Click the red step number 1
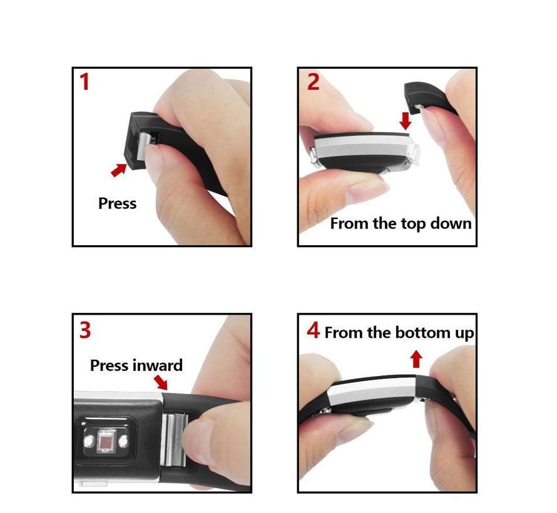(x=84, y=81)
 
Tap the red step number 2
(x=313, y=81)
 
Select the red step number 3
(x=85, y=330)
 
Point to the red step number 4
(x=314, y=330)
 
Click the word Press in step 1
(x=117, y=203)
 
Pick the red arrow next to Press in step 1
(x=119, y=170)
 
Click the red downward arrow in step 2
(x=406, y=121)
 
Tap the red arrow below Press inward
(x=161, y=383)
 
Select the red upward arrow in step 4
(x=416, y=359)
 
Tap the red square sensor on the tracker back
(x=106, y=442)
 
